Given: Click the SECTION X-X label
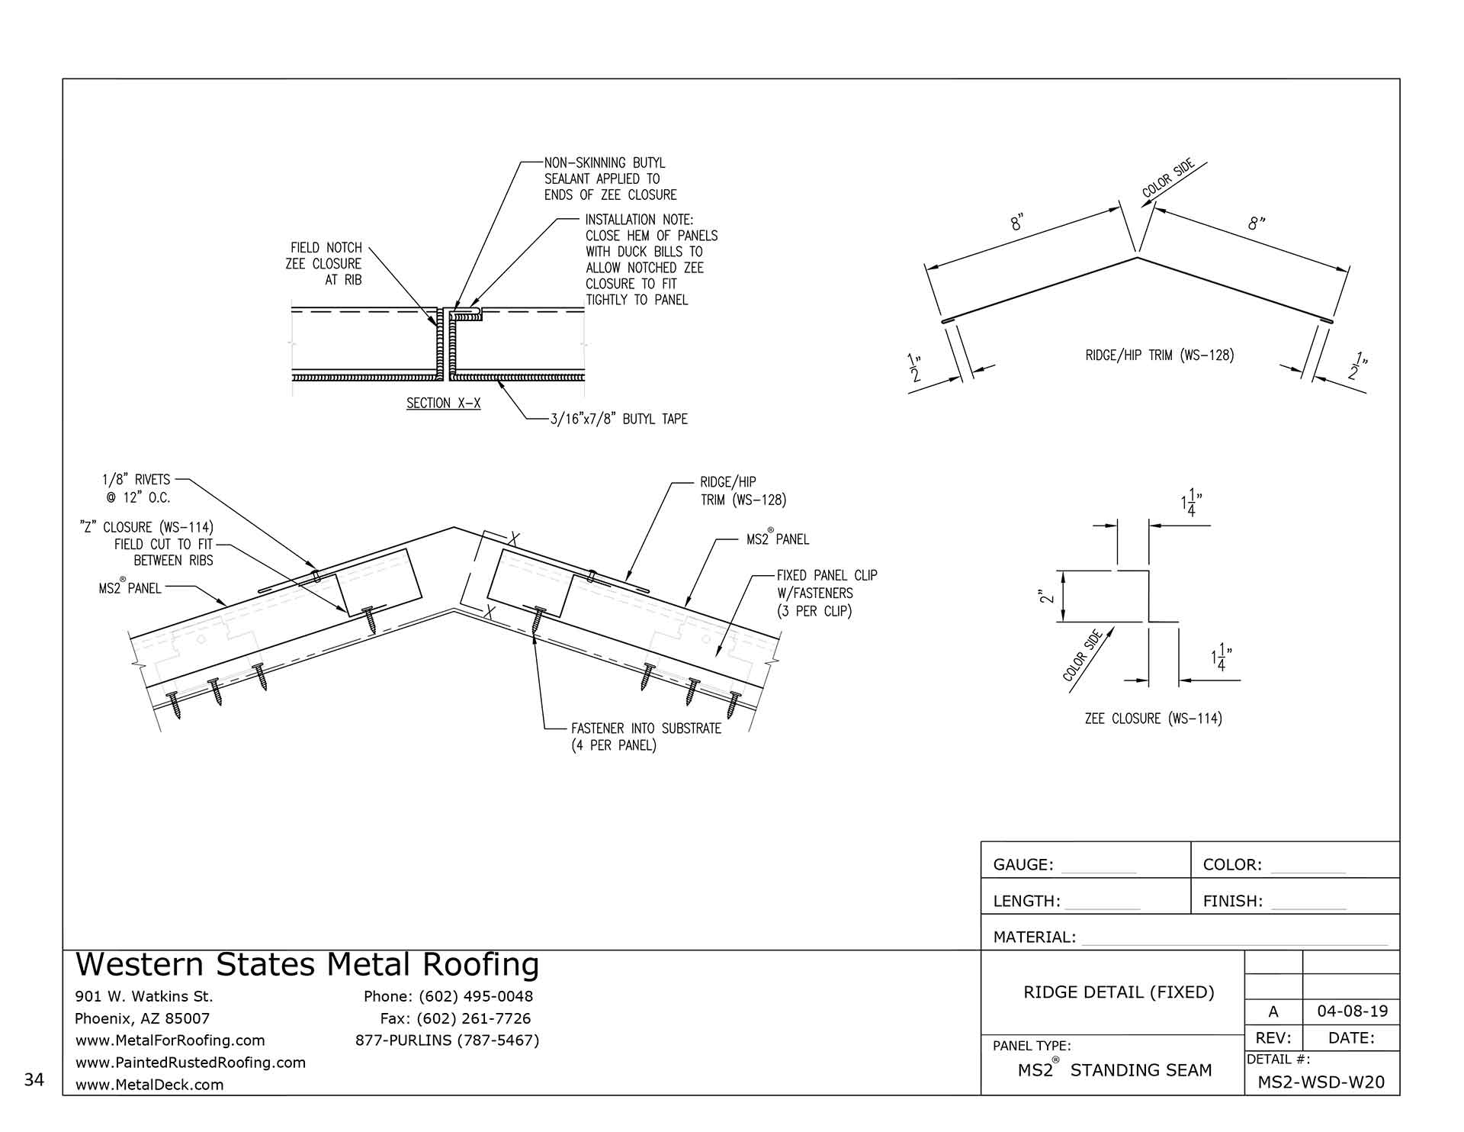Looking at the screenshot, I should [443, 404].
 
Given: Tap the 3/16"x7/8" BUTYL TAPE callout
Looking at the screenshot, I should [618, 419].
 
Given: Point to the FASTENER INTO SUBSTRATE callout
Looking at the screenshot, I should [646, 736].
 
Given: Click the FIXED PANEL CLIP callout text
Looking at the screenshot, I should [827, 593].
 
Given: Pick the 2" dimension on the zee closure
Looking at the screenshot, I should [1048, 596].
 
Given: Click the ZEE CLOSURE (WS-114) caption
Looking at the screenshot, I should [1153, 719].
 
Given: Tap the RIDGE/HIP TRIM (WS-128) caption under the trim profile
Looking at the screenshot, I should [1159, 355].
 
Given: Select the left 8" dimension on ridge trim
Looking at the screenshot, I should [1017, 223].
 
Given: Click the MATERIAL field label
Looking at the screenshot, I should [1034, 937].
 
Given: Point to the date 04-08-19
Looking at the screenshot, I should [1352, 1011].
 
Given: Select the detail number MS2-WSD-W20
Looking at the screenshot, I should [1321, 1082].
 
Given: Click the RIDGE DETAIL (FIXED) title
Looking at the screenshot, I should [1119, 992].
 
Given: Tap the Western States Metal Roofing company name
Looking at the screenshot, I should [307, 965].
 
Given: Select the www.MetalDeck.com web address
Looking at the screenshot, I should [149, 1085].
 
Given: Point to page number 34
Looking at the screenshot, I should [34, 1079].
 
